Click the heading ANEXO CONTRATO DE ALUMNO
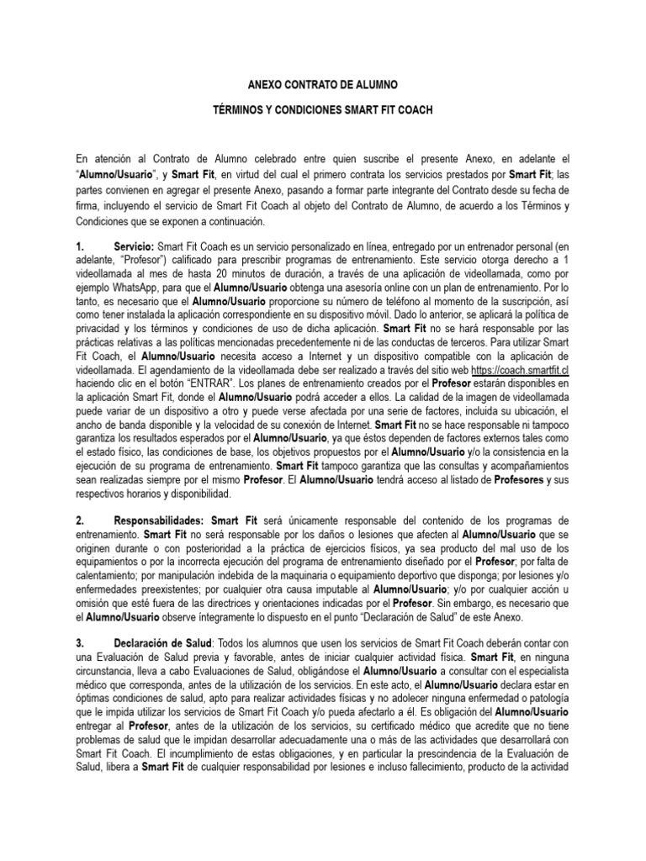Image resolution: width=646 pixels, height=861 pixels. (x=322, y=86)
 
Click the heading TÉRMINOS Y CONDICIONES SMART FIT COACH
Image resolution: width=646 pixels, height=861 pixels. (x=322, y=111)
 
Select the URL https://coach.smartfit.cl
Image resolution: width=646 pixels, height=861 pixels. (x=521, y=370)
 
